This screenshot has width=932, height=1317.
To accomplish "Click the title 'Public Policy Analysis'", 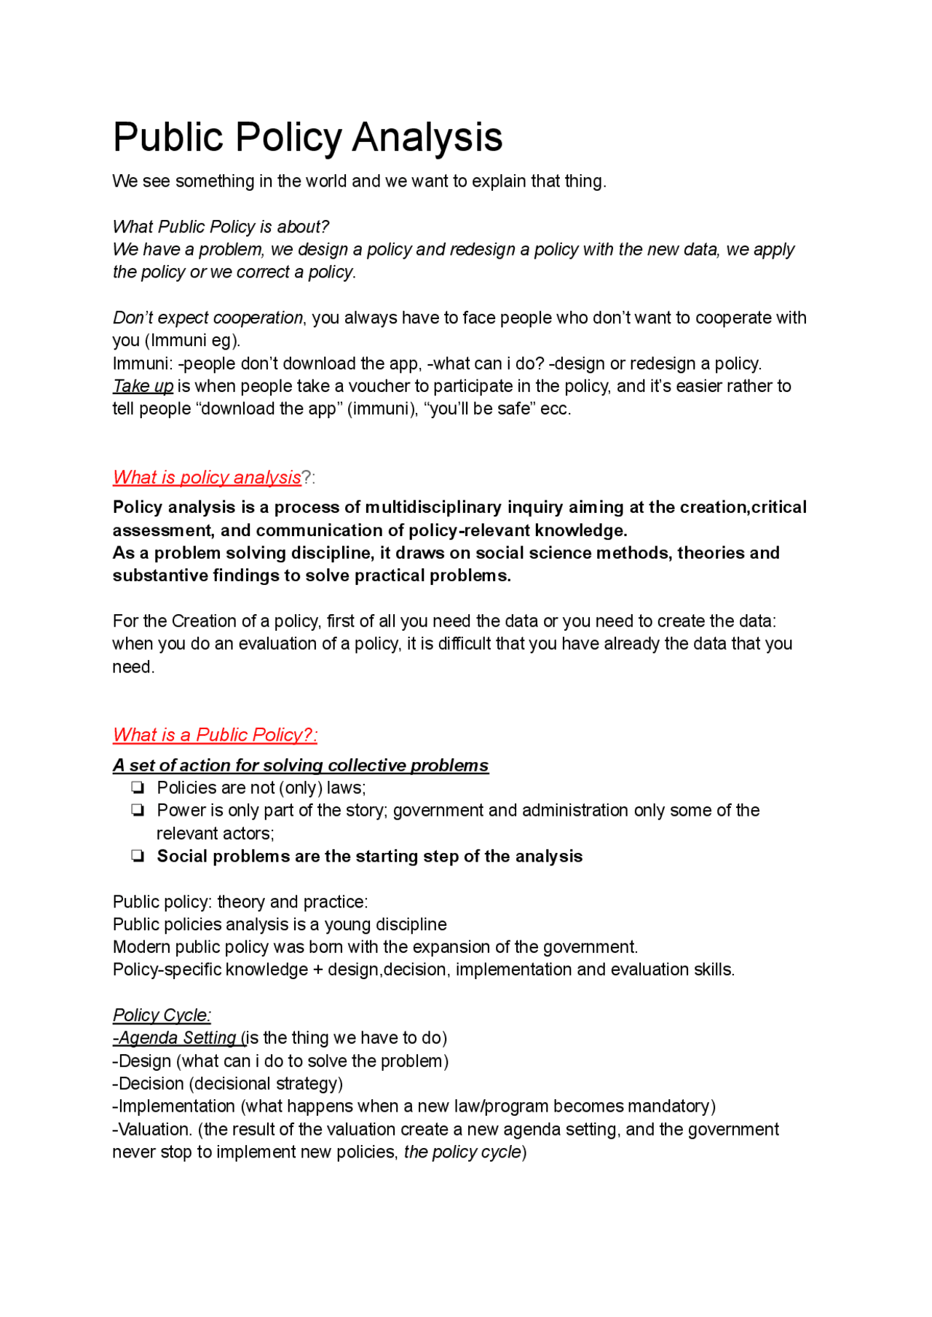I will click(307, 137).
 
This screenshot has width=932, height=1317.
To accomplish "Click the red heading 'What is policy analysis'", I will click(207, 477).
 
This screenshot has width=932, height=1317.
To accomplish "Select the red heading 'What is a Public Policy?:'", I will click(215, 734).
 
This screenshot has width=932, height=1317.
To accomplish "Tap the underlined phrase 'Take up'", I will click(143, 386).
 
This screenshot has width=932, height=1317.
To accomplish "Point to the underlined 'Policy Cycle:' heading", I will click(162, 1015).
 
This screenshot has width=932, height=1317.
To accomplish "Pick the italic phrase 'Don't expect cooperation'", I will click(208, 318).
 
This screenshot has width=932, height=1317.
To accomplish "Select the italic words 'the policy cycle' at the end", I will click(462, 1152).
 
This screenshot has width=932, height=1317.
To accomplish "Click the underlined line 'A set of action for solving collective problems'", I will click(300, 765).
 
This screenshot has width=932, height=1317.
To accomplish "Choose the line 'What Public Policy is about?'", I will click(221, 227).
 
